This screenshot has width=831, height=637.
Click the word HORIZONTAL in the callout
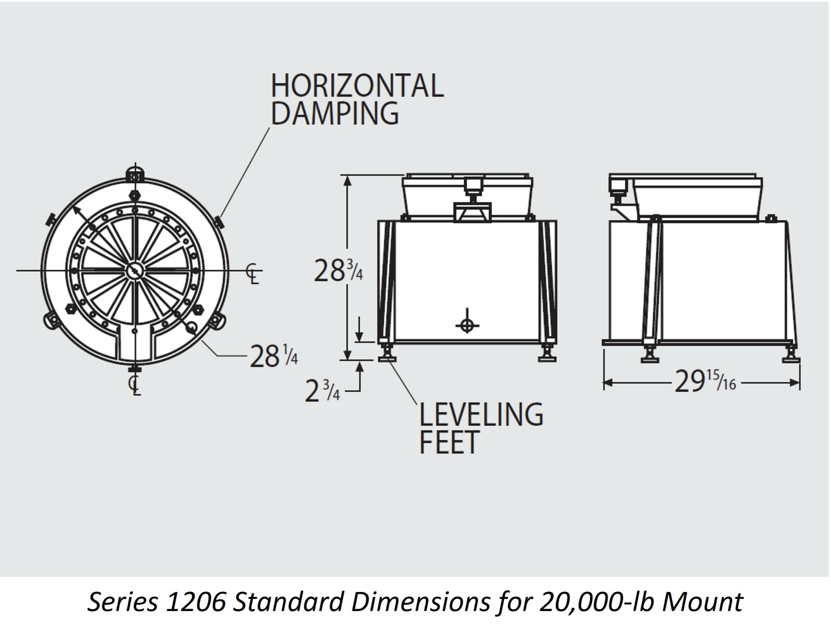coord(357,86)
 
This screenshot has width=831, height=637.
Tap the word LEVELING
coord(481,414)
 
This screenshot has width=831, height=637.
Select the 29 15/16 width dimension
coord(705,382)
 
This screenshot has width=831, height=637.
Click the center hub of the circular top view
coord(135,270)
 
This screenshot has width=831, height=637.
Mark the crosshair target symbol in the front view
coord(467,325)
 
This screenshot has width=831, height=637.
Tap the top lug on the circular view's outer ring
coord(135,174)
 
